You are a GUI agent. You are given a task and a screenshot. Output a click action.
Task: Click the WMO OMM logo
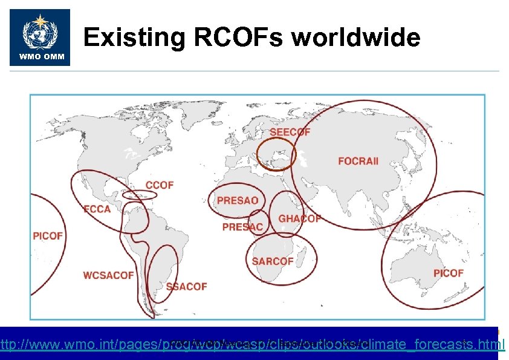40,38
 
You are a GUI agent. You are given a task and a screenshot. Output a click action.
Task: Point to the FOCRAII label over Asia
358,162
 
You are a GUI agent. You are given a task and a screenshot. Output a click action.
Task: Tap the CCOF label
160,185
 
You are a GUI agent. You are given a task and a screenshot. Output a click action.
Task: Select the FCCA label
97,209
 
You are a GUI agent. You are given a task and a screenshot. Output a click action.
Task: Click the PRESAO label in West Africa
238,200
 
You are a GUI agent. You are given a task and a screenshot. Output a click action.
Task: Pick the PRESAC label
242,227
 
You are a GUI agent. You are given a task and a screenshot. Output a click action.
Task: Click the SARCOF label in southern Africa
273,261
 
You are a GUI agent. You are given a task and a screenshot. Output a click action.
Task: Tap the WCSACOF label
108,275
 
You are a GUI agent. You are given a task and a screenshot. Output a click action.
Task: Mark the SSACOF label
186,286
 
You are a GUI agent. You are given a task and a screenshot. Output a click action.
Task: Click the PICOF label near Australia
448,273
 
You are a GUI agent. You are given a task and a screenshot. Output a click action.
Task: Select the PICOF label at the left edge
48,235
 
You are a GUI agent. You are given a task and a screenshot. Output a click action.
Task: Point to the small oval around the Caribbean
140,195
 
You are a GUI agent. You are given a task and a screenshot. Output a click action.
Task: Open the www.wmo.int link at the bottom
254,345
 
